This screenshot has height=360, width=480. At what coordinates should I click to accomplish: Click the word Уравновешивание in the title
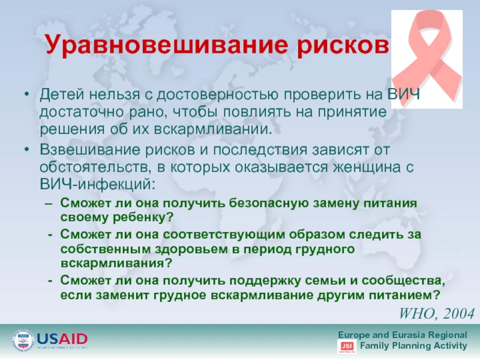[167, 44]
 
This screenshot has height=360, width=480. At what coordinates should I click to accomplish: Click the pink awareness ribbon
[427, 59]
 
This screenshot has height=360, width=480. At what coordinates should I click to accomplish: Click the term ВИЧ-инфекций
[97, 185]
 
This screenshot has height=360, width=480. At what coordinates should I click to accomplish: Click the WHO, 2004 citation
[437, 313]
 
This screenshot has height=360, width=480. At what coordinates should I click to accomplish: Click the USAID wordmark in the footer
[62, 339]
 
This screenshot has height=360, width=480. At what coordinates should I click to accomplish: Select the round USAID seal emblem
[23, 340]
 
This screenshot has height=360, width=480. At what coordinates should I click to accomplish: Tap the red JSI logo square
[347, 347]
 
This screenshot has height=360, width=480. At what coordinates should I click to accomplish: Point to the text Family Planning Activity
[413, 346]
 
